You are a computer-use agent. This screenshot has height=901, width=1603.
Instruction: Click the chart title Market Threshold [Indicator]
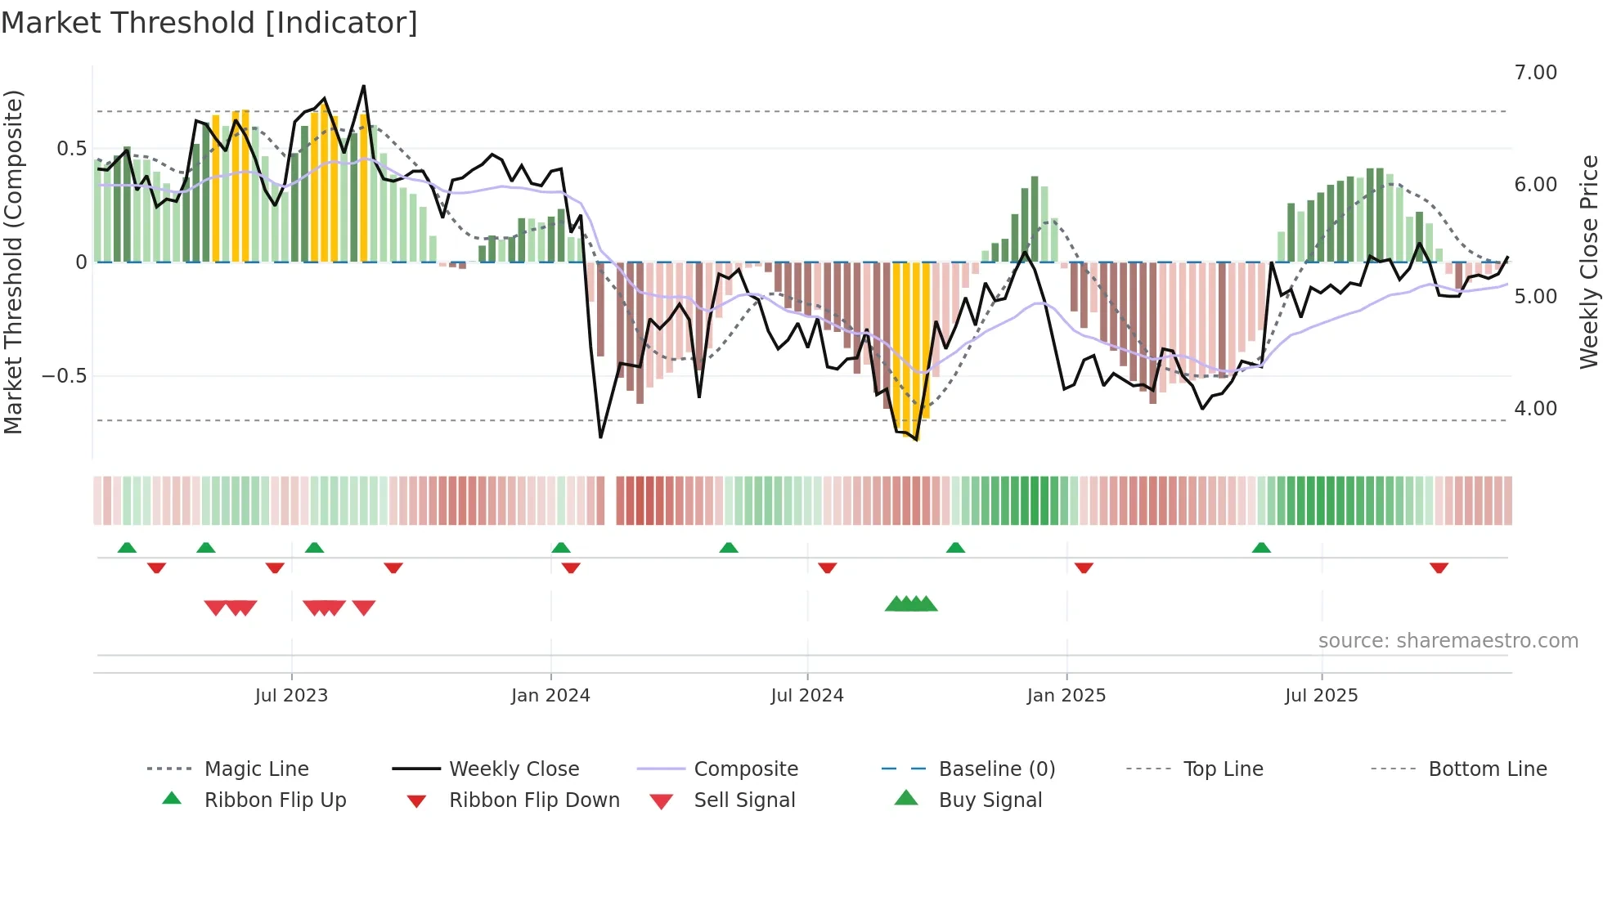(x=209, y=23)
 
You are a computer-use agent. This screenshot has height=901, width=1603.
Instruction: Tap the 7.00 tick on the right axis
(x=1535, y=73)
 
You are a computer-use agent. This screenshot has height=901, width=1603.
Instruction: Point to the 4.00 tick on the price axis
(x=1535, y=409)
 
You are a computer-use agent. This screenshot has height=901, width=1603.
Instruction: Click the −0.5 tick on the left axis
(x=64, y=376)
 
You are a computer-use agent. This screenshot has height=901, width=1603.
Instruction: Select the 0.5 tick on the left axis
(x=71, y=149)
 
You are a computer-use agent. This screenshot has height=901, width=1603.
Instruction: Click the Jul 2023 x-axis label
(x=291, y=696)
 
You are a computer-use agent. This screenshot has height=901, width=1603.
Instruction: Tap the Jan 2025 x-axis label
(x=1066, y=696)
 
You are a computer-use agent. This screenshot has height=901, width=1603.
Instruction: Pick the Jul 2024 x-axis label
(x=806, y=696)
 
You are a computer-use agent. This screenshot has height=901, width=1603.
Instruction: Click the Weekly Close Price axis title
(x=1588, y=262)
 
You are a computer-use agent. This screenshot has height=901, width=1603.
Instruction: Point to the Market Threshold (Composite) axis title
(x=13, y=262)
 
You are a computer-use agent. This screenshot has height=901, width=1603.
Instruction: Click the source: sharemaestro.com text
(x=1448, y=641)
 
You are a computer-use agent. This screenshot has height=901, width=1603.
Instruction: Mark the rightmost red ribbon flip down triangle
(x=1439, y=568)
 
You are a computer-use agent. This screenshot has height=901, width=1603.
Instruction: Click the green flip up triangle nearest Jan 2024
(x=560, y=548)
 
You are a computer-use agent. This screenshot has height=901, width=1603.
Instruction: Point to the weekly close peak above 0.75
(x=363, y=86)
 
